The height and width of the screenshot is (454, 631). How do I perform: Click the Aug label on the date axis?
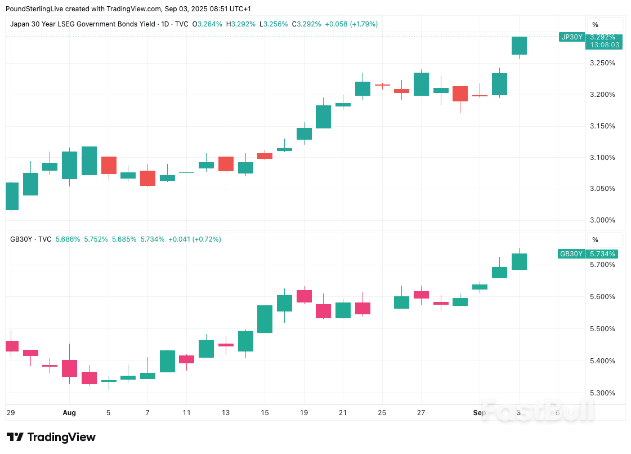click(69, 413)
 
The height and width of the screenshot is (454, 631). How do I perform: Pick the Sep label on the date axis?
click(479, 413)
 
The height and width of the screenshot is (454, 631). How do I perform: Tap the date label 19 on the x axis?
click(304, 413)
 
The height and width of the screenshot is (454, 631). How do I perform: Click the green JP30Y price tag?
click(571, 37)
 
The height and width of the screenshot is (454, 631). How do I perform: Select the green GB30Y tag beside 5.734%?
click(571, 254)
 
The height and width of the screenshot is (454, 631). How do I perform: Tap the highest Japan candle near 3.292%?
click(519, 46)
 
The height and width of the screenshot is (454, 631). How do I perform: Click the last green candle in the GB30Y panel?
click(519, 261)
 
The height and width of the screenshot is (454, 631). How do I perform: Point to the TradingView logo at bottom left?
click(51, 438)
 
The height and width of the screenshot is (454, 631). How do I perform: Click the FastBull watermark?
click(538, 411)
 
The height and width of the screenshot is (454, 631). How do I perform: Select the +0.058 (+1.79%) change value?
click(351, 24)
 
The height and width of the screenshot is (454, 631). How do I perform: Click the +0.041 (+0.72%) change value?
click(195, 239)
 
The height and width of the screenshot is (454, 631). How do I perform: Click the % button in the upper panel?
click(595, 25)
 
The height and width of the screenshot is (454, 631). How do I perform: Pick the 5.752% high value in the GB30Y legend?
click(96, 239)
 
